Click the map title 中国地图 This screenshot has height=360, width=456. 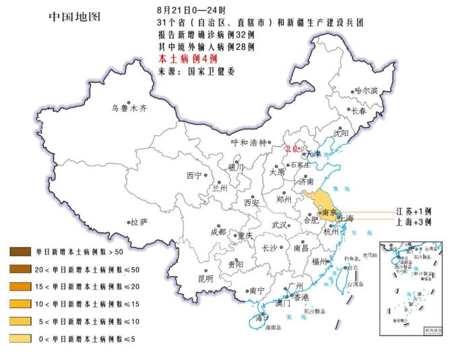(74, 15)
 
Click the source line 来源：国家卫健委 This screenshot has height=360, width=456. (197, 71)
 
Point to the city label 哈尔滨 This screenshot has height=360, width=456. (366, 91)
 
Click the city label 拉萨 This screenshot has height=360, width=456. (139, 222)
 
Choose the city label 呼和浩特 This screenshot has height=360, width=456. (249, 143)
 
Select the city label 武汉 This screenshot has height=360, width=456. (279, 225)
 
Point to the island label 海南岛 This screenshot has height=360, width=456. (273, 328)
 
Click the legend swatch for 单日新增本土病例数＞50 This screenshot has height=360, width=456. (20, 252)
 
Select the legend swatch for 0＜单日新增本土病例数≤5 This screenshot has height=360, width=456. (20, 338)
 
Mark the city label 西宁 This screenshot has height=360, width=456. (194, 176)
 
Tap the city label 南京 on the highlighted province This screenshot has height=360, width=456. (329, 213)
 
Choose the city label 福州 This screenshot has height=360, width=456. (319, 262)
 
